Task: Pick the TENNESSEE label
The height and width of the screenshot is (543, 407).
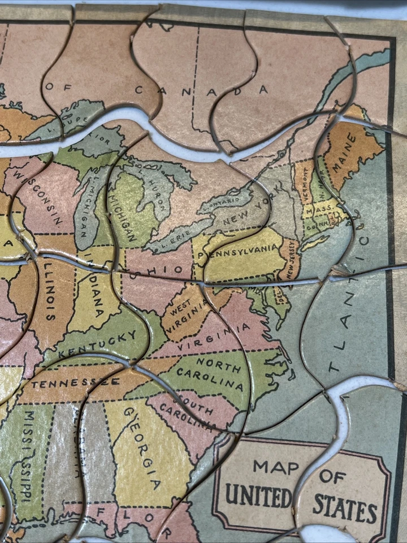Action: (75, 383)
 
